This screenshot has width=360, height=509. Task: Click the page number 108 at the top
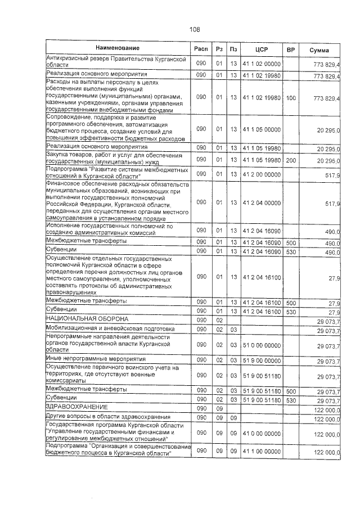195,30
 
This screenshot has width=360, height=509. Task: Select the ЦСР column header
261,50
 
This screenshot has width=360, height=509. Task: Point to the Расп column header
201,50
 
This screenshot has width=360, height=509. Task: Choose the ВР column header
291,50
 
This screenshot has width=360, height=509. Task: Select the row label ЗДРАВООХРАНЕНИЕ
76,406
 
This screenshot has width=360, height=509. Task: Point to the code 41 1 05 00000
261,129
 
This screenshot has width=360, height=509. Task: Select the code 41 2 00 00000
261,174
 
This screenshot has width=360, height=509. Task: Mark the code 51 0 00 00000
261,345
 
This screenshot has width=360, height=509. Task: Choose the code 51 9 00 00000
261,361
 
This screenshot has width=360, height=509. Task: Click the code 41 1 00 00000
261,452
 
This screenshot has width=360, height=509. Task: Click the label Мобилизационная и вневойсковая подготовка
110,328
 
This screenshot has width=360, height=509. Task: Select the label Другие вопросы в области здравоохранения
107,417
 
